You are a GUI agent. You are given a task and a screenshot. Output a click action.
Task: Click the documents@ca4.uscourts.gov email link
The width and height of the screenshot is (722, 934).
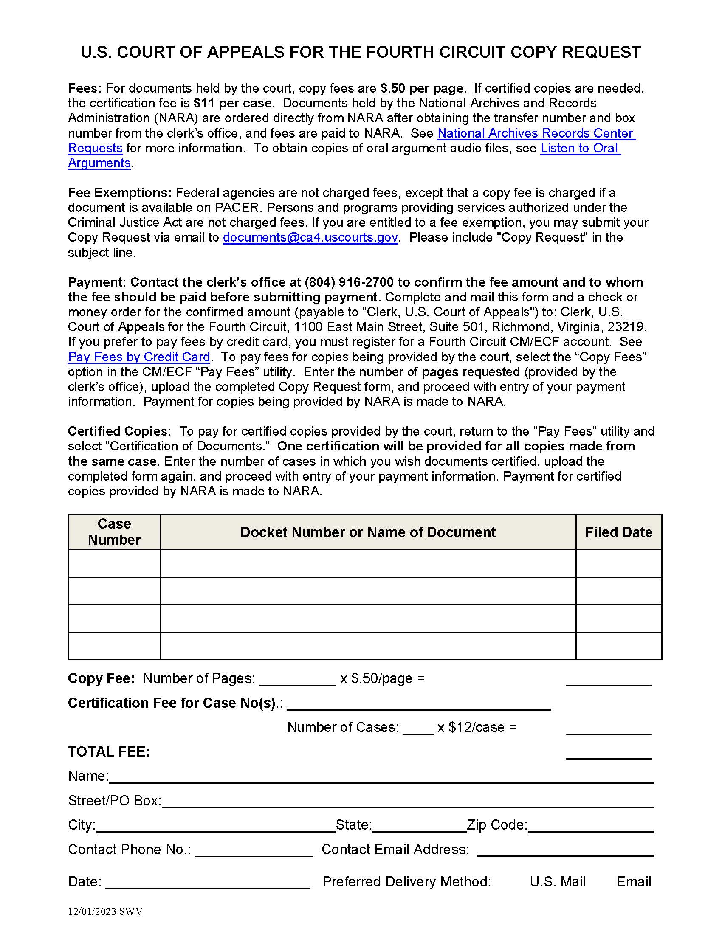pos(310,237)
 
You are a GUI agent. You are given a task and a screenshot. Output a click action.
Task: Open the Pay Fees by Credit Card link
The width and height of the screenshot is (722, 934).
pos(139,357)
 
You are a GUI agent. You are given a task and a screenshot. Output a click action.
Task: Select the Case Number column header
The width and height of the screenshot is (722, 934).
pos(114,532)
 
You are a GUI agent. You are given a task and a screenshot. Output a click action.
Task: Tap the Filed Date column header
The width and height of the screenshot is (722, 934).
pos(618,532)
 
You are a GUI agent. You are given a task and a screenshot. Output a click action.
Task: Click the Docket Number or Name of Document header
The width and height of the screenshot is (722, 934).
pos(368,532)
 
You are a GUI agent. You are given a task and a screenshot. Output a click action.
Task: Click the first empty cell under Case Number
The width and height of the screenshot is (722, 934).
pos(114,563)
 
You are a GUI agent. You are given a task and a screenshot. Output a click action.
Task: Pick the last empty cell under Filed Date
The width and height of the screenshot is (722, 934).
pos(618,646)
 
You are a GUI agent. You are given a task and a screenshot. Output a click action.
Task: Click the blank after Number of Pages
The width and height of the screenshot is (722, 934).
pos(298,679)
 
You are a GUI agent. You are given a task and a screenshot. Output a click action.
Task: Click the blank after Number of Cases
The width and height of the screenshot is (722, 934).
pos(418,728)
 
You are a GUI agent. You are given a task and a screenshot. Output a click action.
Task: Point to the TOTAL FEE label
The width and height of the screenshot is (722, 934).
pos(109,752)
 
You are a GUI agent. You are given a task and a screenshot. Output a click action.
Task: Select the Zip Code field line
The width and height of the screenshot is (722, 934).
pos(590,825)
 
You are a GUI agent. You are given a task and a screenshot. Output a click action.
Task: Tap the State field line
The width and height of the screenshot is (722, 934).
pos(419,825)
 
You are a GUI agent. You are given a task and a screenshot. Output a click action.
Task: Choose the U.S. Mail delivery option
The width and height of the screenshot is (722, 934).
pos(557,882)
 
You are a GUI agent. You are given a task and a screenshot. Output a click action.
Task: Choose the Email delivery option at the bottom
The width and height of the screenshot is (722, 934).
pos(634,882)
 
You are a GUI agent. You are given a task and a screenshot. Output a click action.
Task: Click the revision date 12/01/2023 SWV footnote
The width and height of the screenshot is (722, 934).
pos(105,911)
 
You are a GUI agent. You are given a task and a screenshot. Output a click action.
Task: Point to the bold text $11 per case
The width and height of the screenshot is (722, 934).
pos(232,103)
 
